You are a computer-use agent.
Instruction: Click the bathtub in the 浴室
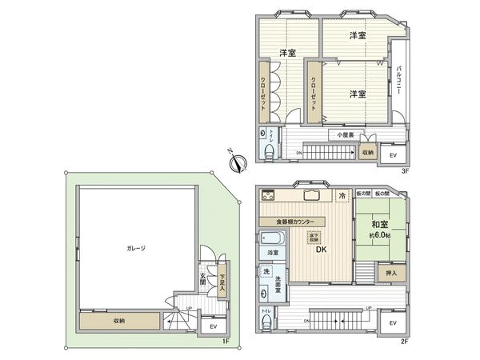point(269,238)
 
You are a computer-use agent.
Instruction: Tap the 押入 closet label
point(390,274)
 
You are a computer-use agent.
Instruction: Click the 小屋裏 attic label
point(345,135)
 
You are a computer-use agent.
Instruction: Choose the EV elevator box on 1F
point(212,326)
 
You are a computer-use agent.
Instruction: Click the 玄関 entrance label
point(203,281)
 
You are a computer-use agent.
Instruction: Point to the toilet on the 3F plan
point(269,150)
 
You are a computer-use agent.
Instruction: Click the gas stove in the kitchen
point(267,194)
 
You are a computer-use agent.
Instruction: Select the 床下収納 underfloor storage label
point(314,237)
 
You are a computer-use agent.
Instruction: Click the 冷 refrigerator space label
point(342,195)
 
